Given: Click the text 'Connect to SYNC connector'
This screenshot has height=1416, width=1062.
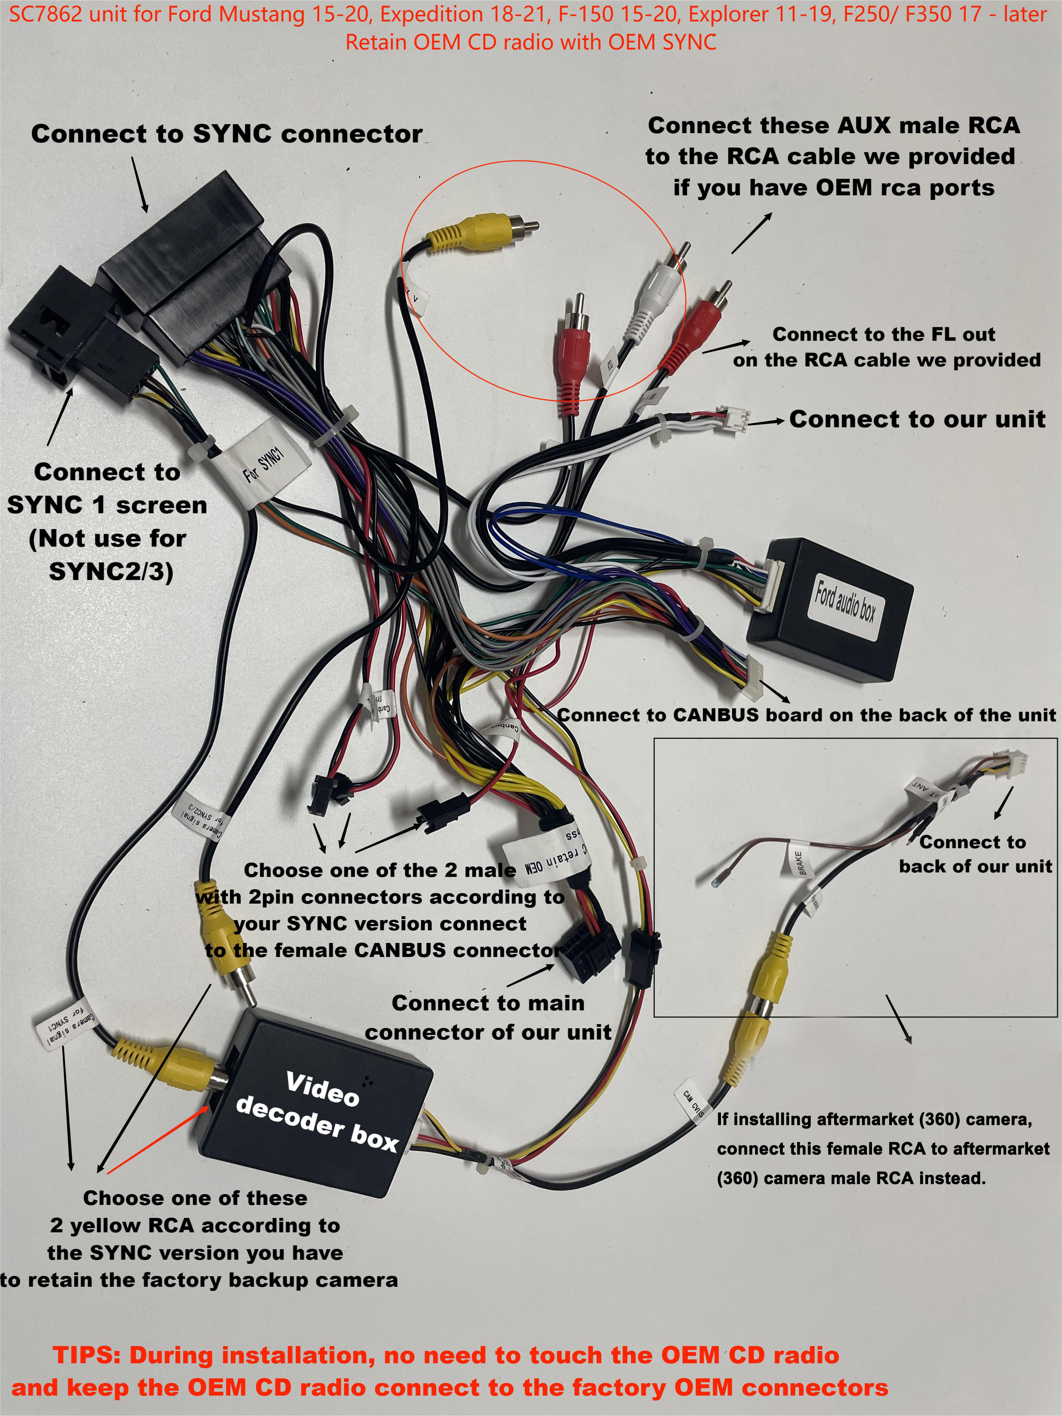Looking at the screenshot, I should click(x=227, y=134).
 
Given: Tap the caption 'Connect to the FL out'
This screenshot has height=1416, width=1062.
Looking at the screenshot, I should click(x=883, y=334).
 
